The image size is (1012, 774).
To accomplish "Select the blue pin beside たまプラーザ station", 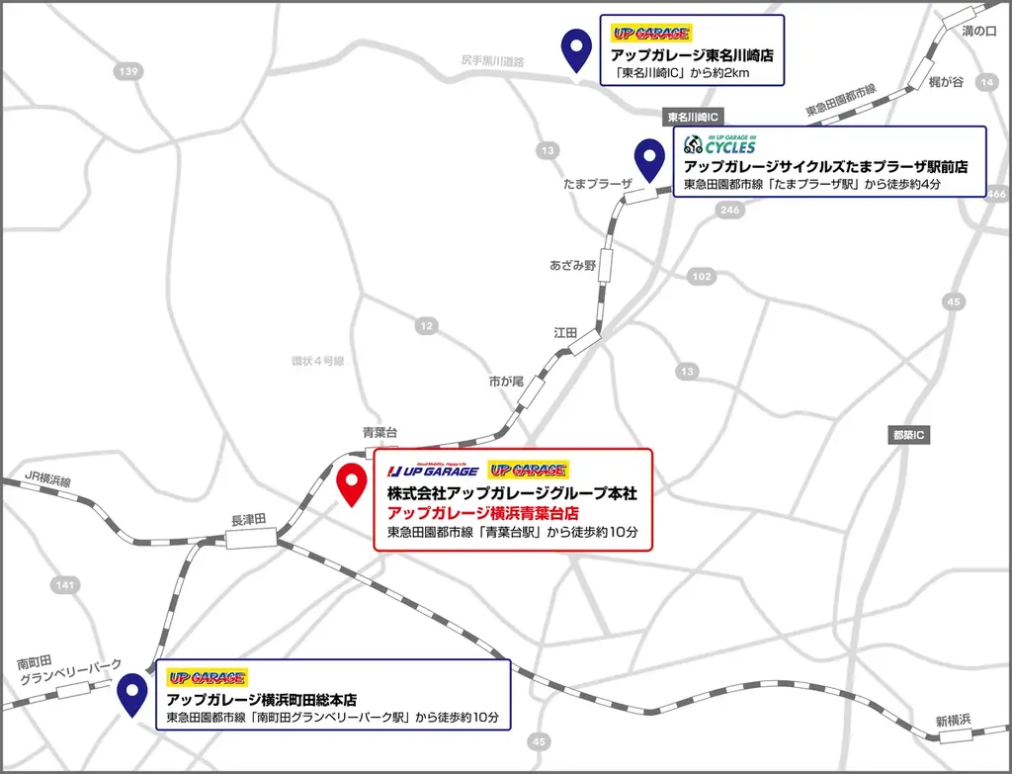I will (648, 158).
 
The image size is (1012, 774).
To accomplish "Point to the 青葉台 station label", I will (379, 432).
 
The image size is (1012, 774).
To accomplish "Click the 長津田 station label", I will (249, 519).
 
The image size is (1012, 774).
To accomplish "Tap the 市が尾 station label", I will (506, 381).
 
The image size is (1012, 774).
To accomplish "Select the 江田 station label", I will (565, 333).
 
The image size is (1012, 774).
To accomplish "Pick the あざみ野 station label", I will (573, 266).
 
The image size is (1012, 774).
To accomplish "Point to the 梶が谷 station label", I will (946, 82).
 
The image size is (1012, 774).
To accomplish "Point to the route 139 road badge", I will (127, 71).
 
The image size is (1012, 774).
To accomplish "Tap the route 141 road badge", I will (64, 586).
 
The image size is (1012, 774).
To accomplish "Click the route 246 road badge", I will (730, 210).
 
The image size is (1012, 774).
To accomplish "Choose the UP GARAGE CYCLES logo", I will (718, 143).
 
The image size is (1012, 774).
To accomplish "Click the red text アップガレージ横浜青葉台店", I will (482, 513).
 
